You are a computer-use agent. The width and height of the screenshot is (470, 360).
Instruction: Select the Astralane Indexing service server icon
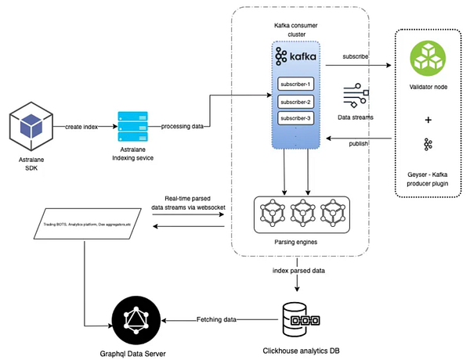131,126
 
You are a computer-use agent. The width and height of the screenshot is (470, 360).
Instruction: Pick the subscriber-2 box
296,102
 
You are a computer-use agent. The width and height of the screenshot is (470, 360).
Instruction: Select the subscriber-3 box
296,118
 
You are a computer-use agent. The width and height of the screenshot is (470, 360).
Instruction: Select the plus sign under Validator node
428,120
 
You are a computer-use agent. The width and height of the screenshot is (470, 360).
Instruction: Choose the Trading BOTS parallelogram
95,225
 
